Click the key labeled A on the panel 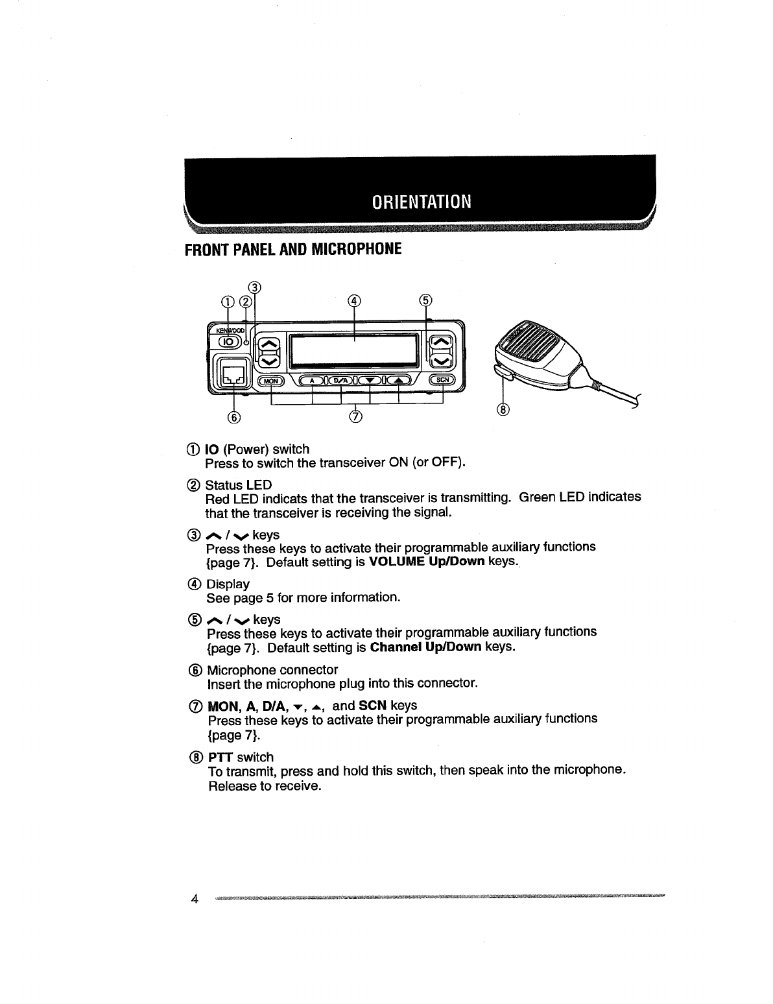(313, 381)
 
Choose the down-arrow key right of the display (442, 360)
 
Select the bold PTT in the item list (221, 757)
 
